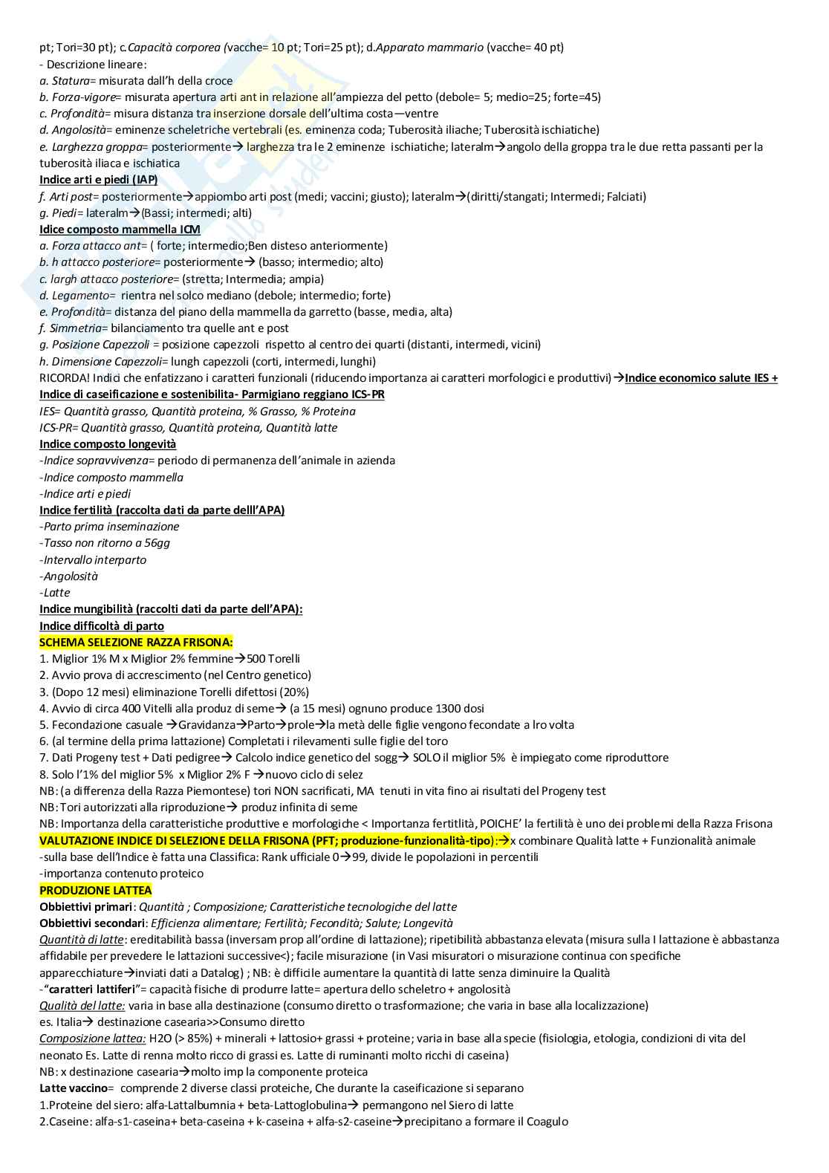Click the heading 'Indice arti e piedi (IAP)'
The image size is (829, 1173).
click(x=98, y=180)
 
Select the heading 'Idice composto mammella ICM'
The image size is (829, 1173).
click(x=120, y=230)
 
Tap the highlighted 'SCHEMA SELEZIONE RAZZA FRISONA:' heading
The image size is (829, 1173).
click(x=136, y=642)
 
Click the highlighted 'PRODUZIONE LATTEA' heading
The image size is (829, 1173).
click(x=95, y=890)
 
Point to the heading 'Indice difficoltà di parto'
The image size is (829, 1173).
click(x=102, y=626)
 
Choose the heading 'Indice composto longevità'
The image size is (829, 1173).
click(x=108, y=444)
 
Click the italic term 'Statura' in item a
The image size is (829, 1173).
click(x=71, y=80)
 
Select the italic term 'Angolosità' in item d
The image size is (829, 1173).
click(x=79, y=130)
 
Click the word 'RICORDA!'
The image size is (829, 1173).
click(x=64, y=378)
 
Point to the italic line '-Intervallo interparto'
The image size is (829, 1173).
click(x=93, y=559)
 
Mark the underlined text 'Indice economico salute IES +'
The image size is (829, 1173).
click(x=701, y=378)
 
